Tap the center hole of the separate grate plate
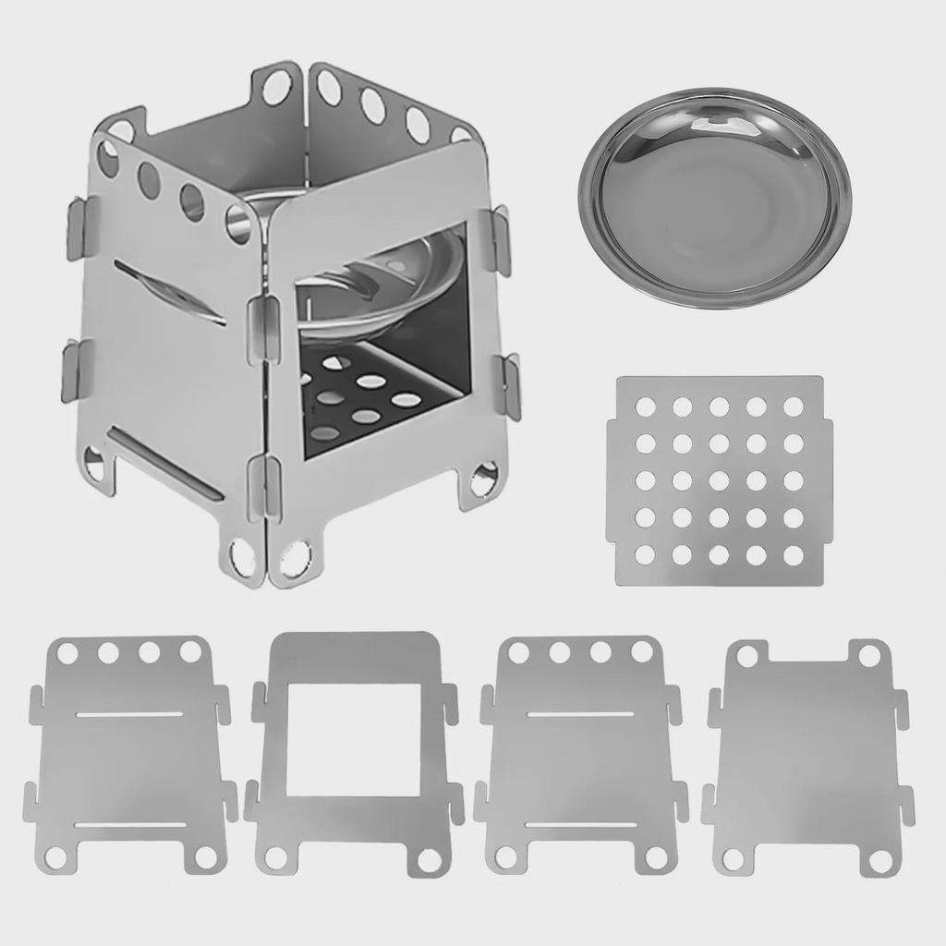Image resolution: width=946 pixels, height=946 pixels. tap(719, 480)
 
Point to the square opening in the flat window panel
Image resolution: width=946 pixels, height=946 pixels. tap(353, 739)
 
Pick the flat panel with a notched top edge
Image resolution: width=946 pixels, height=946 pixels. tap(807, 758)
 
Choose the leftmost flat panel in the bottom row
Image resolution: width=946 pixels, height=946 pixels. tap(129, 758)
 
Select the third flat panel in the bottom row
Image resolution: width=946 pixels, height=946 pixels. tap(580, 758)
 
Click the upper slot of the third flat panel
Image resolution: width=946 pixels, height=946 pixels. tap(579, 713)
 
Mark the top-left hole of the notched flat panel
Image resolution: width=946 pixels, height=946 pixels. tap(747, 656)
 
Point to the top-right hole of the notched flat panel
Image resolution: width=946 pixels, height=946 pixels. tap(869, 656)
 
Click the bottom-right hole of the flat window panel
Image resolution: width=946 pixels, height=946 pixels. tap(429, 859)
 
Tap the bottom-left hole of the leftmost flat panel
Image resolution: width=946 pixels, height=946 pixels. tap(56, 857)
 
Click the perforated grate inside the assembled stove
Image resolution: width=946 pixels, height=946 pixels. tap(370, 393)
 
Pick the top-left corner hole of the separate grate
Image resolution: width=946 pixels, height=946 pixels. tap(646, 406)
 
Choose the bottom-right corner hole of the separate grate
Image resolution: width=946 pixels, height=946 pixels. tap(794, 555)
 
